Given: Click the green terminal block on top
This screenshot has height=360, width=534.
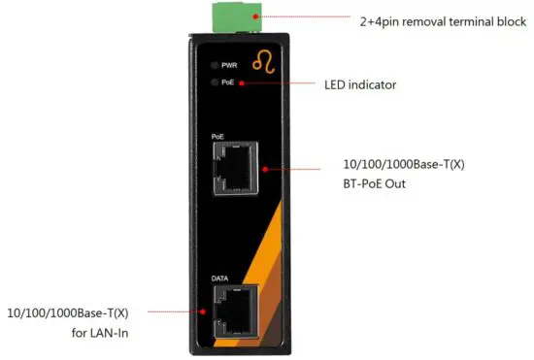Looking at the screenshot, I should tap(240, 13).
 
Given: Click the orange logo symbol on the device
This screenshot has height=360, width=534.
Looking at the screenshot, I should tap(263, 64).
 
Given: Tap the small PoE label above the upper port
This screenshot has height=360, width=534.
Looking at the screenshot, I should tap(217, 137).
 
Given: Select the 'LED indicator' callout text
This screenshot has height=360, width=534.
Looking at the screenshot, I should tap(359, 84).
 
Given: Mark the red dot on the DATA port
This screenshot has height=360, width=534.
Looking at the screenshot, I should tap(202, 312).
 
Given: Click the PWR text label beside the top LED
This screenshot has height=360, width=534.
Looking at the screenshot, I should tap(229, 65).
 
